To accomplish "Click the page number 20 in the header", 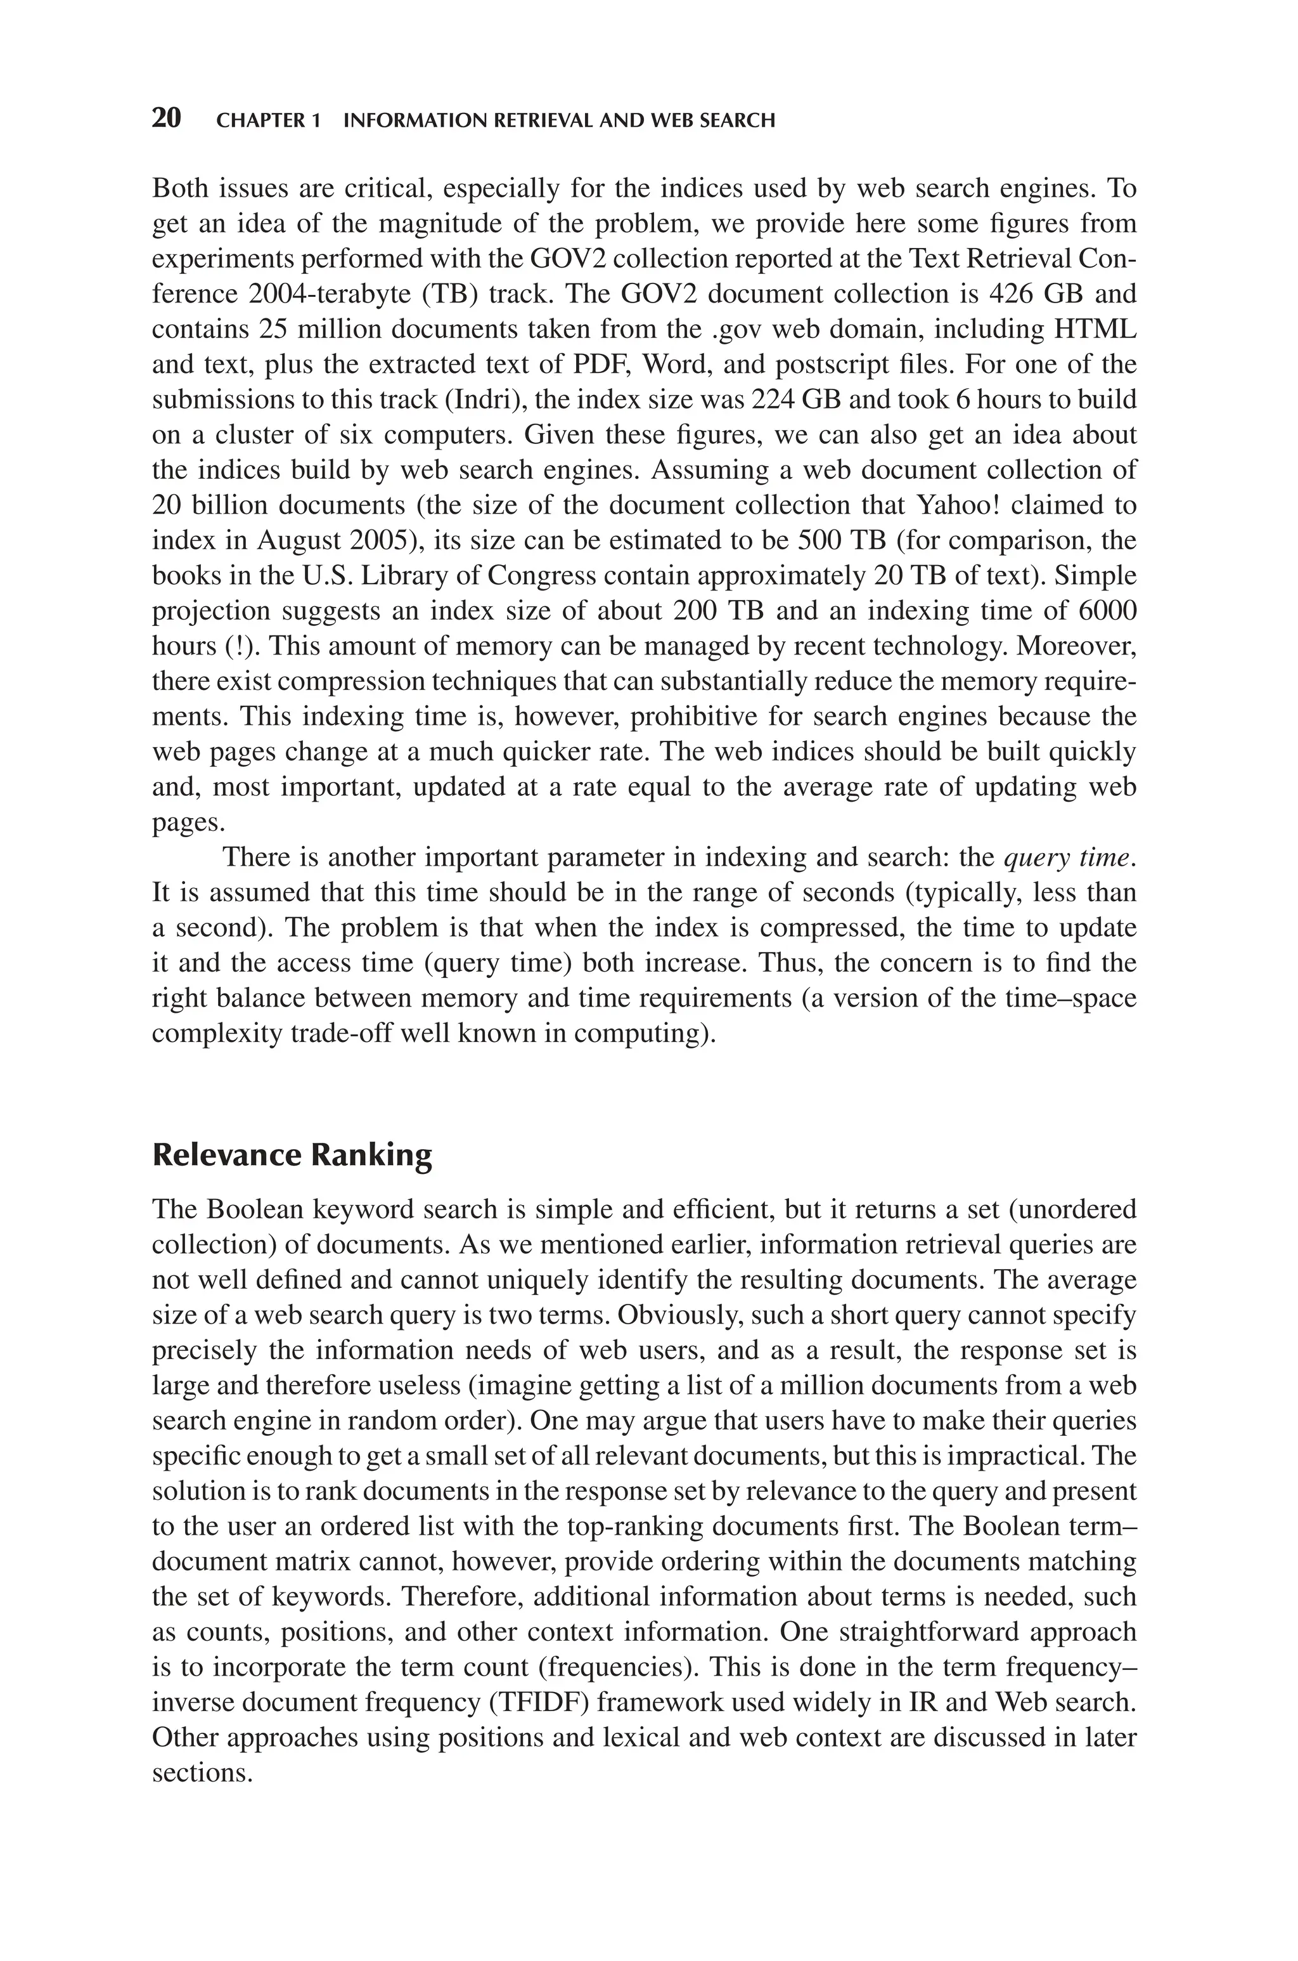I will (x=167, y=119).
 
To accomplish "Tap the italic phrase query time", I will (x=1068, y=858).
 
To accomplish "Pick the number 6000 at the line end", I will (x=1108, y=611).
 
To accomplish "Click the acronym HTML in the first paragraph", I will (x=1095, y=330).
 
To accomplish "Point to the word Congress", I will (x=540, y=575).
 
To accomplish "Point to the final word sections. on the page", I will (x=201, y=1773).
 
